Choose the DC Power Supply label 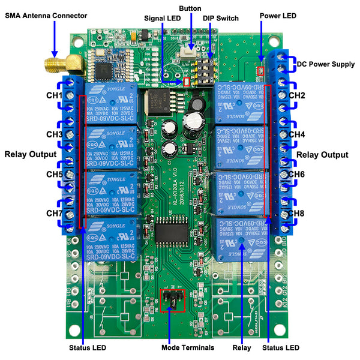coord(326,64)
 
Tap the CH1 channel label coord(55,96)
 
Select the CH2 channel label coord(297,95)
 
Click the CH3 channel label coord(55,134)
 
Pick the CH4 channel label coord(297,134)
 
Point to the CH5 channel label coord(55,175)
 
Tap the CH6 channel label coord(297,175)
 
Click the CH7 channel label coord(55,214)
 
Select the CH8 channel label coord(297,214)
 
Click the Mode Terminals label coord(170,347)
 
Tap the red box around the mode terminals coord(173,301)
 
